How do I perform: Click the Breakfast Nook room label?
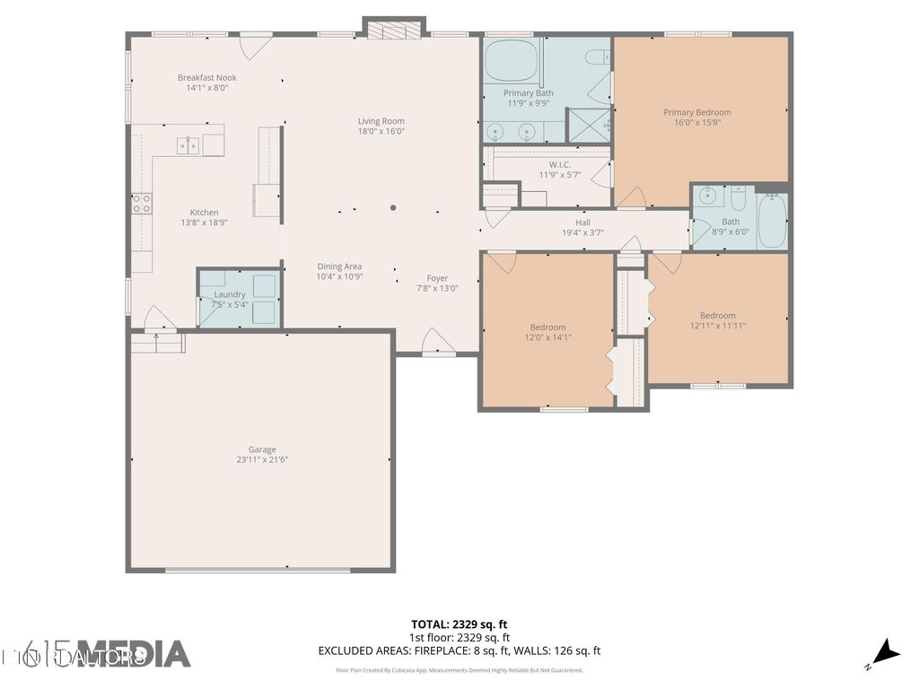click(x=206, y=78)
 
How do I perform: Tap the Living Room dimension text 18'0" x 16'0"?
click(x=381, y=131)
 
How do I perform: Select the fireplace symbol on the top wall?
click(x=393, y=30)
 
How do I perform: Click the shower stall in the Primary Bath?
click(x=589, y=125)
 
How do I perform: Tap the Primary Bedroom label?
click(x=697, y=112)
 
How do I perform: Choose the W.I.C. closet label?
click(x=560, y=164)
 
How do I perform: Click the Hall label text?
click(x=582, y=222)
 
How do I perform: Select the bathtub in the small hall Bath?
click(x=772, y=221)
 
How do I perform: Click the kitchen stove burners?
click(x=142, y=204)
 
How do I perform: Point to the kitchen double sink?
click(x=188, y=144)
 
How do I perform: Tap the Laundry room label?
click(x=230, y=294)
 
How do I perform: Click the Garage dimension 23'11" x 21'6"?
click(x=262, y=459)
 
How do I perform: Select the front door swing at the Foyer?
click(x=436, y=342)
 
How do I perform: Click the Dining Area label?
click(x=339, y=266)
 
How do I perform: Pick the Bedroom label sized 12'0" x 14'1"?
click(x=547, y=327)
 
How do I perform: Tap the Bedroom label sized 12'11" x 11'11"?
click(x=718, y=316)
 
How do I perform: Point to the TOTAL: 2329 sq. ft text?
click(x=459, y=624)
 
